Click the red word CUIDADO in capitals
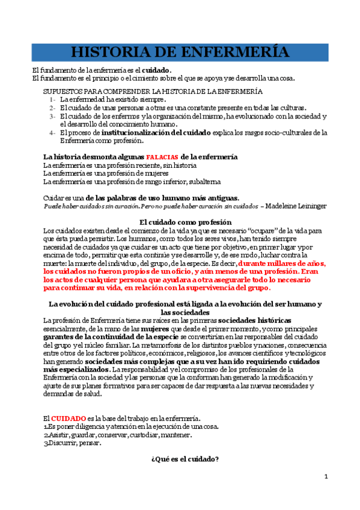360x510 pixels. click(x=68, y=418)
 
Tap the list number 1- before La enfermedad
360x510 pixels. click(x=53, y=99)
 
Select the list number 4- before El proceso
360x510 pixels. click(x=53, y=132)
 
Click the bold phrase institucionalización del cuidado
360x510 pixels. click(x=156, y=132)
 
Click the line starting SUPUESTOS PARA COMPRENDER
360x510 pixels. click(x=153, y=91)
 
